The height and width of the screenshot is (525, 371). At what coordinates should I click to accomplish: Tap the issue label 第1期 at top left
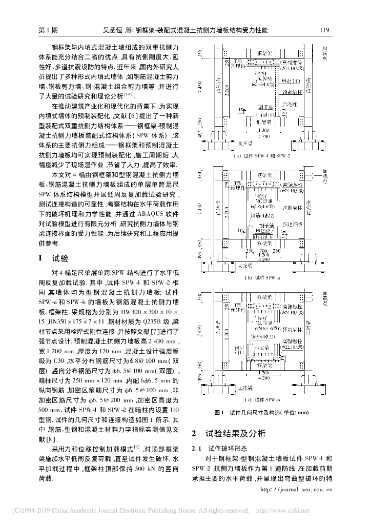[x=49, y=31]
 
